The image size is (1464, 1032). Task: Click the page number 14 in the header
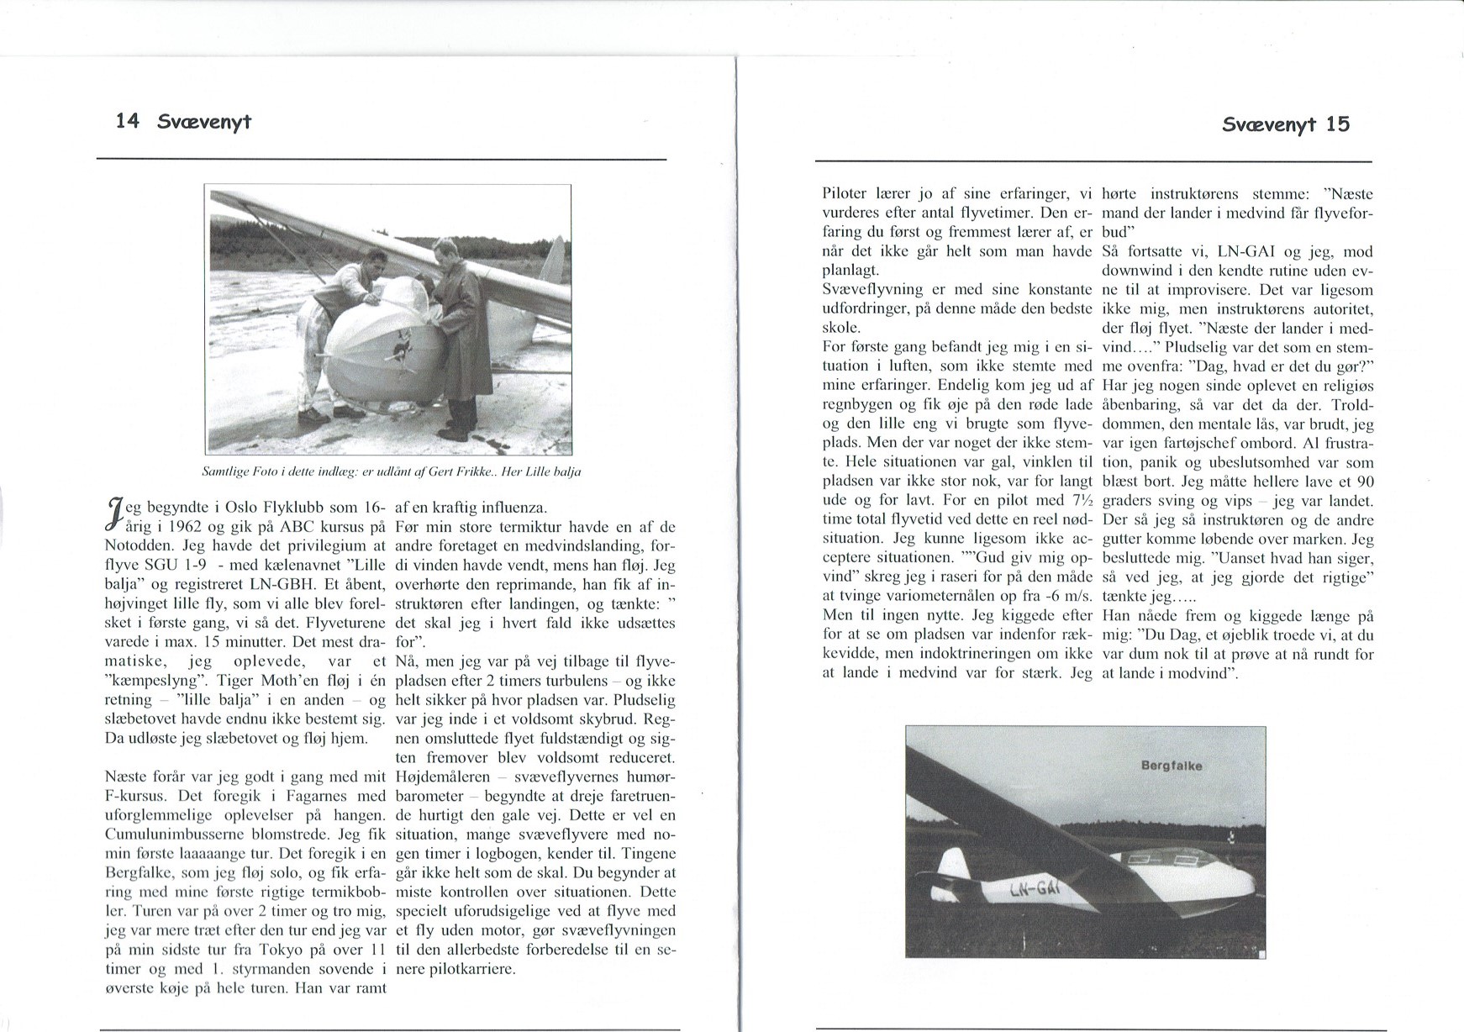[x=127, y=121]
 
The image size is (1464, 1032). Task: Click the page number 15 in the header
[x=1338, y=124]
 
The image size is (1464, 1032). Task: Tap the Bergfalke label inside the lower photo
[x=1172, y=766]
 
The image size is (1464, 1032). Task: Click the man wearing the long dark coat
[x=460, y=328]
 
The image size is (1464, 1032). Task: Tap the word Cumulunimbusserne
[x=173, y=835]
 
